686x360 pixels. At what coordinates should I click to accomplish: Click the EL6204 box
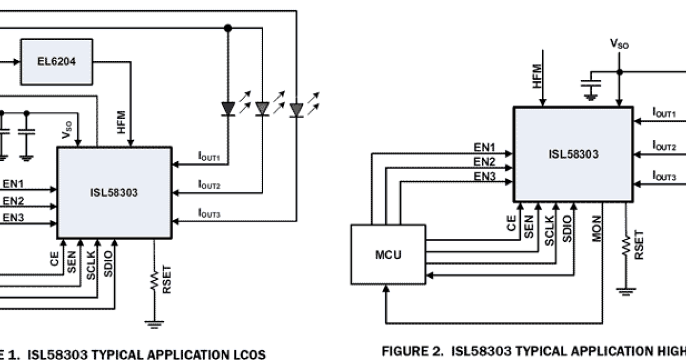[57, 60]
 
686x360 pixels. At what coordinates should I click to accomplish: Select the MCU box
[388, 254]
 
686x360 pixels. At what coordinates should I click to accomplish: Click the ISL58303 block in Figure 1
[114, 192]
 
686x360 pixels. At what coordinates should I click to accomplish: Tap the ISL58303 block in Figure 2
[572, 154]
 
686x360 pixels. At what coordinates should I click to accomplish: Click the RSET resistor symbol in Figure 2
[626, 246]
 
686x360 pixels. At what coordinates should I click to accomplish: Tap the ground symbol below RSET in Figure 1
[153, 324]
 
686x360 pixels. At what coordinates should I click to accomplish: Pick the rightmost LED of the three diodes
[296, 109]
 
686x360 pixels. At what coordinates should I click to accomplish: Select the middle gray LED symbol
[262, 109]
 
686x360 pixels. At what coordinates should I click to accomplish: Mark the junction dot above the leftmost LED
[228, 27]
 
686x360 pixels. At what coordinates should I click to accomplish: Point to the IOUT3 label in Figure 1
[209, 214]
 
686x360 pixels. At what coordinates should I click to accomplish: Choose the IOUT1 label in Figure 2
[664, 113]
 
